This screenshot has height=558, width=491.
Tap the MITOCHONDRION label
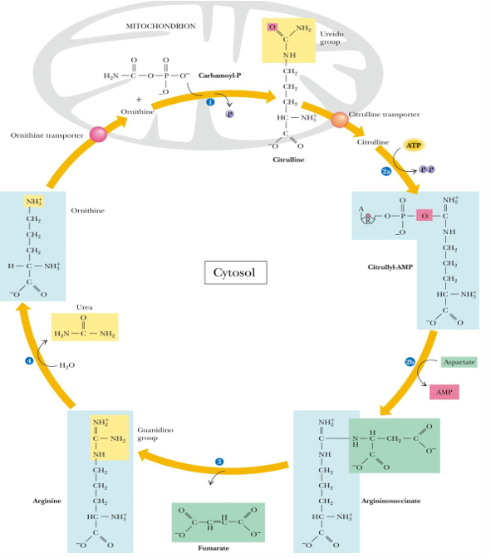pos(161,26)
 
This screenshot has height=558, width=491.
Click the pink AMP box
pos(444,392)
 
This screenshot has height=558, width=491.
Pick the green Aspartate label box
pos(458,363)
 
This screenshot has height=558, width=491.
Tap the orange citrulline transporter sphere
pos(339,120)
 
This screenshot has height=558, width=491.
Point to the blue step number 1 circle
pos(210,101)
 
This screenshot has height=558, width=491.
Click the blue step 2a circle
pos(386,170)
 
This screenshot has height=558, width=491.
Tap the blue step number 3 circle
pos(219,462)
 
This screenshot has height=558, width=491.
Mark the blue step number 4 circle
pos(29,360)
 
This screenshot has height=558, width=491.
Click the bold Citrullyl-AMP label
pos(390,267)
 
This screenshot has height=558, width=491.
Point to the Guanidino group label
pos(155,433)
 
